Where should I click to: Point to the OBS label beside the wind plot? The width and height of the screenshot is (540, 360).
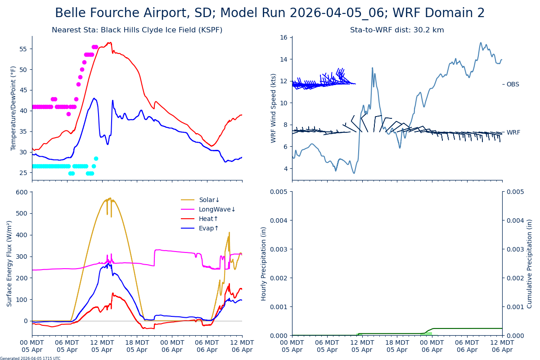point(513,84)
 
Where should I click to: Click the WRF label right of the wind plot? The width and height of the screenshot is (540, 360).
point(513,132)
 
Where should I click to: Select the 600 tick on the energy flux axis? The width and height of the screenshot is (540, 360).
point(22,192)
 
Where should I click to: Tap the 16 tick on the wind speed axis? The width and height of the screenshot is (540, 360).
point(284,37)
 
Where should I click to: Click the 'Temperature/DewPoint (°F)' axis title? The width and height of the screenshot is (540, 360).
point(13,108)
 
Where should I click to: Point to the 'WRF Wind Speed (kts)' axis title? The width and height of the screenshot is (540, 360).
point(274,108)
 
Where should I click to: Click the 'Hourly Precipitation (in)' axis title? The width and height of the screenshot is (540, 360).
point(264,263)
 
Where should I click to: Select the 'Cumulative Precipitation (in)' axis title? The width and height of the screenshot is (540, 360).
point(529,263)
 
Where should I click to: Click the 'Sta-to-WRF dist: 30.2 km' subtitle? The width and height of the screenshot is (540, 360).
point(397,30)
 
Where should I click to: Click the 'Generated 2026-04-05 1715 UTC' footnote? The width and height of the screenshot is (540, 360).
point(30,358)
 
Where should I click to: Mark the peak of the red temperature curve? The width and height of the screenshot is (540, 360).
point(111,42)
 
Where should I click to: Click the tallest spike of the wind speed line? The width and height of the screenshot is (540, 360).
point(372,68)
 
